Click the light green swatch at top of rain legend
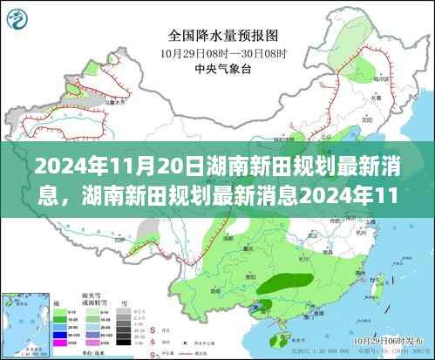(58, 311)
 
